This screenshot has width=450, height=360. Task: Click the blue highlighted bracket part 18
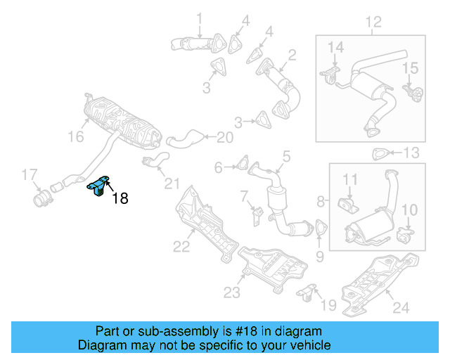coord(98,187)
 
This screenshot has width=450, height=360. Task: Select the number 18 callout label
coord(120,199)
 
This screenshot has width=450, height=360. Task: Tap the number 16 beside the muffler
coord(75,138)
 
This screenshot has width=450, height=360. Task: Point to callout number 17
coord(29,174)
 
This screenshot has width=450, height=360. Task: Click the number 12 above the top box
coord(373,22)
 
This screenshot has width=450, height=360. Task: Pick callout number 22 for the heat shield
coord(182,246)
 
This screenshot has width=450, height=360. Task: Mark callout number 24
coord(399,308)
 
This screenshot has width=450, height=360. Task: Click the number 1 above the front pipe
coord(198,18)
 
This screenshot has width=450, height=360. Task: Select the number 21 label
coord(172,184)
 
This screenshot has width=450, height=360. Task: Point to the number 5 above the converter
coord(286,155)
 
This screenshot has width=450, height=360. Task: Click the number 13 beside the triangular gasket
coord(411,153)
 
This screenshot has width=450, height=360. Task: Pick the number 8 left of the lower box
coord(321,202)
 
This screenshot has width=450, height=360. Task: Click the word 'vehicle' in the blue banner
coord(310,345)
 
